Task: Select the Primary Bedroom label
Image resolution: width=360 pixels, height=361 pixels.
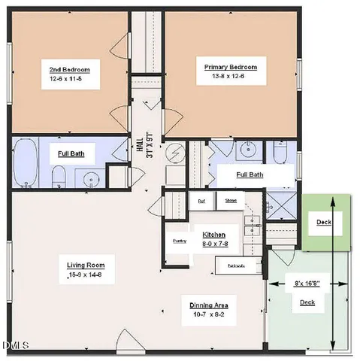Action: coord(230,67)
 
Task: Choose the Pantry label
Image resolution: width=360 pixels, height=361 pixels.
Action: coord(179,241)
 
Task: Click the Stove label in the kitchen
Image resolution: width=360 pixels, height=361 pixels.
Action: coord(231,201)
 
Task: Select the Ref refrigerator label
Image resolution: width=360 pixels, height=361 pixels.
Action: coord(201,201)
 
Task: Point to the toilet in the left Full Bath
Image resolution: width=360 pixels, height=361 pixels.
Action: coord(58,177)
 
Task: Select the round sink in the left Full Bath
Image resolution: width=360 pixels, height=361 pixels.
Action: coord(89,179)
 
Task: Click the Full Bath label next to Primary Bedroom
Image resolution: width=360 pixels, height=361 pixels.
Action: coord(250,174)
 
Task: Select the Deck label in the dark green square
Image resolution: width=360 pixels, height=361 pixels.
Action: coord(323,223)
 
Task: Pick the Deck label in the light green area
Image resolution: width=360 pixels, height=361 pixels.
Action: coord(307,302)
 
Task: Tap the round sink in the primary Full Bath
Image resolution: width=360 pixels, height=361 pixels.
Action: coord(247,149)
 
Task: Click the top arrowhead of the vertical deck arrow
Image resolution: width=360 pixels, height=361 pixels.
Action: coord(332,199)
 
